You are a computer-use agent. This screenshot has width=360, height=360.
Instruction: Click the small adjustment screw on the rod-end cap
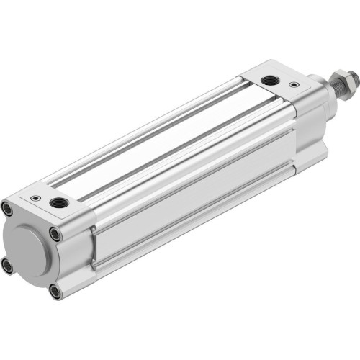coord(294,84)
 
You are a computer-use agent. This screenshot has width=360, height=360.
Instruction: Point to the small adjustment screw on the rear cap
coord(35,196)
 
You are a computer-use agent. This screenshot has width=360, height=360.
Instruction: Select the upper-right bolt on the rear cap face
coord(55,234)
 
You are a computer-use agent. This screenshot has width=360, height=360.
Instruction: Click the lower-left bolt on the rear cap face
coord(8,266)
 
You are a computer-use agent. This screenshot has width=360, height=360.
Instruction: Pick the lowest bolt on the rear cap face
coord(56,292)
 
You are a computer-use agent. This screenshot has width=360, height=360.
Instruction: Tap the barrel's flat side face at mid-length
coord(194,194)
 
